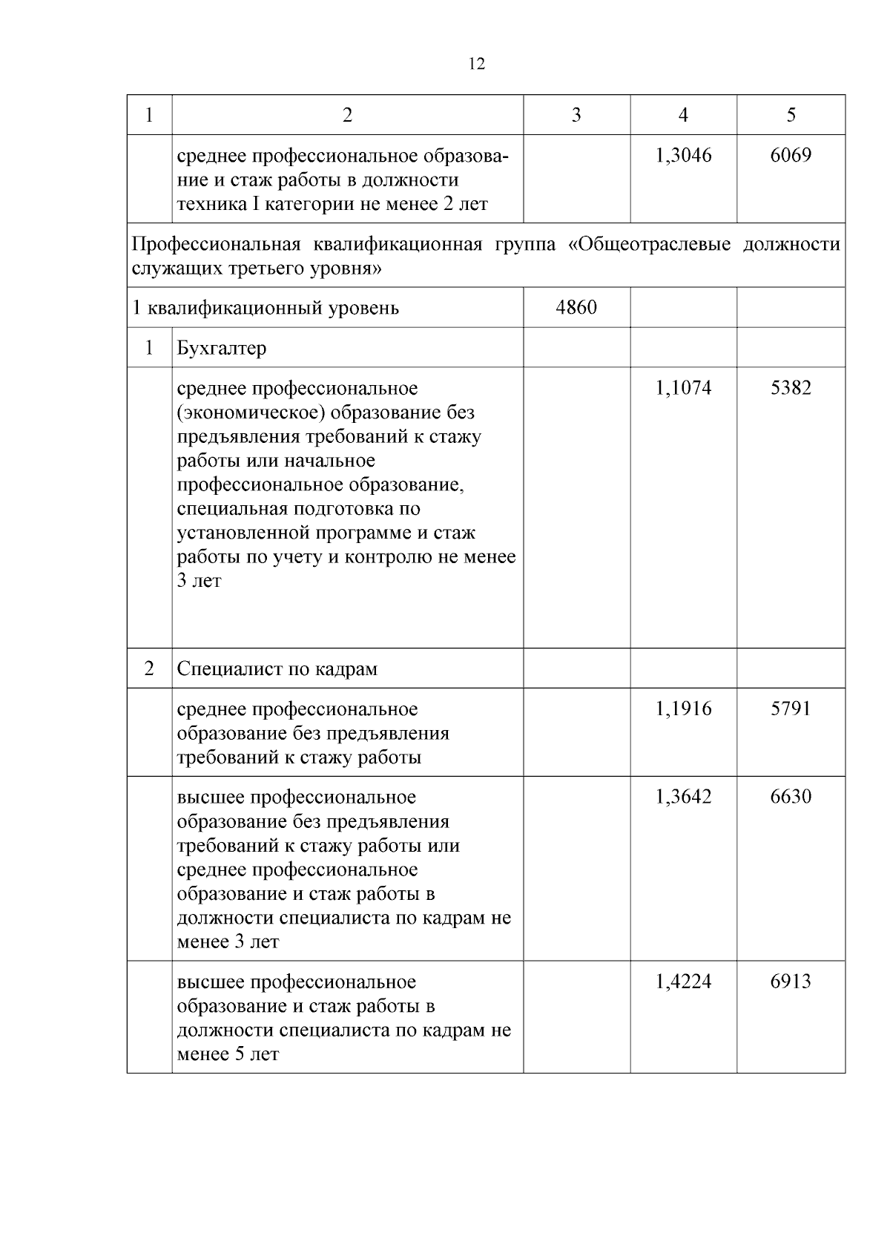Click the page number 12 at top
[477, 65]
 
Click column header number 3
[576, 115]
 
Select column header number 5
[791, 115]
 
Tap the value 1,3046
[683, 155]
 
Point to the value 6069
[791, 155]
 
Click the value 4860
[576, 307]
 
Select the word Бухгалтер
[221, 348]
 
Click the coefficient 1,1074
[683, 388]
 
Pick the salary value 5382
[791, 388]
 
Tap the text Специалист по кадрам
[277, 669]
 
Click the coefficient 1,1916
[683, 709]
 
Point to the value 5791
[791, 709]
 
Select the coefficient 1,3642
[683, 798]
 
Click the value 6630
[791, 798]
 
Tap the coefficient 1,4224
[683, 982]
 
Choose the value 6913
[791, 982]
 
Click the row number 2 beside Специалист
[149, 669]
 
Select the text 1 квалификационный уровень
[265, 308]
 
